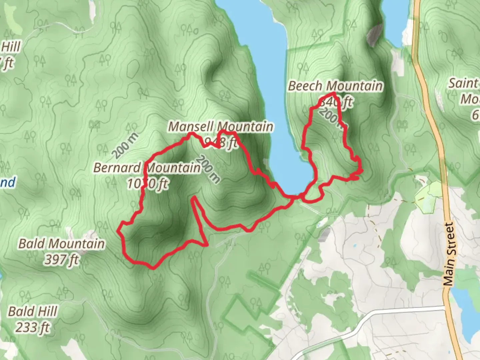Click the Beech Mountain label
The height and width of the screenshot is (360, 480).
[335, 86]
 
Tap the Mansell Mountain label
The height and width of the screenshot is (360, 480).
[221, 127]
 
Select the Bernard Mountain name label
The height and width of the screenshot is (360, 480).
[147, 168]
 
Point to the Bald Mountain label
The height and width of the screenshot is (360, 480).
[61, 244]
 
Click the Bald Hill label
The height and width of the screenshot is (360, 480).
[33, 312]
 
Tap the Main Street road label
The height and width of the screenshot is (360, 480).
[449, 254]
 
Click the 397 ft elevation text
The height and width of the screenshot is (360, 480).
[61, 259]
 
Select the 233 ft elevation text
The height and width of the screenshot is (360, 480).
[33, 327]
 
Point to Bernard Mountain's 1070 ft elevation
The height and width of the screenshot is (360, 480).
[147, 183]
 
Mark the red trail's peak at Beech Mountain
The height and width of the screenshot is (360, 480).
[333, 93]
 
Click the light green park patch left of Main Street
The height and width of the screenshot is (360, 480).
[428, 197]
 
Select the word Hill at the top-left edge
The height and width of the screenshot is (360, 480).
[11, 47]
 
